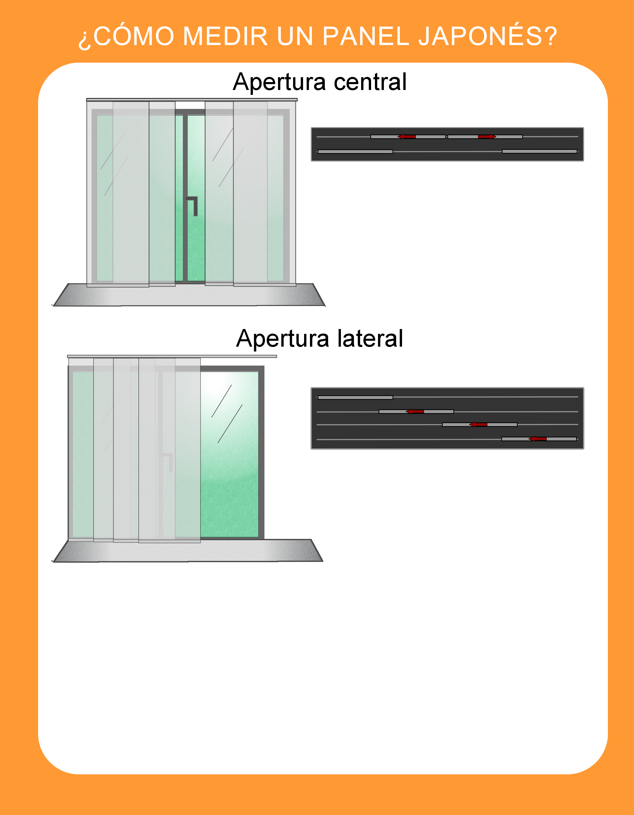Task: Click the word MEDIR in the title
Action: coord(225,36)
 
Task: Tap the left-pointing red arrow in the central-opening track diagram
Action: coord(407,137)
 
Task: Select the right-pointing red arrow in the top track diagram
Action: coord(487,137)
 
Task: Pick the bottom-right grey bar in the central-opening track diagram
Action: coord(540,151)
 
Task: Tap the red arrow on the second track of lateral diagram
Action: coord(415,411)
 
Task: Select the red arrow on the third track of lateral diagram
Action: coord(478,424)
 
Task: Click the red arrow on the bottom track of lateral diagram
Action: coord(538,439)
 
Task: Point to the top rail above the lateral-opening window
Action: coord(172,356)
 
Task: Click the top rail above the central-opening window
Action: coord(192,100)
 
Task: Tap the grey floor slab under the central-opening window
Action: coord(189,295)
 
